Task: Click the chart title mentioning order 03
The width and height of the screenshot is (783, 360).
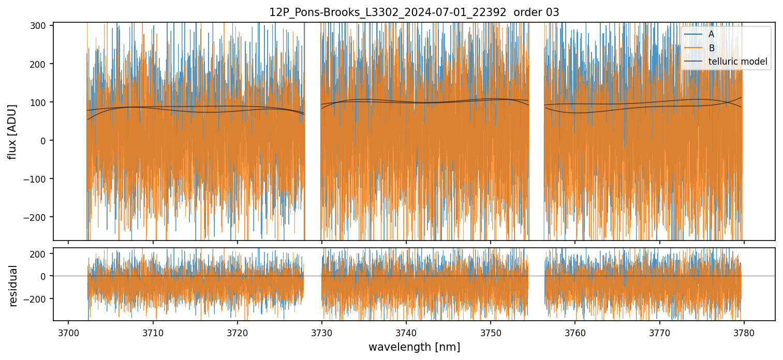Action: tap(414, 12)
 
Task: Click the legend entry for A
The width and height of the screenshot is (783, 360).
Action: tap(712, 35)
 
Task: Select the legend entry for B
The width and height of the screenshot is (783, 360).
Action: tap(712, 49)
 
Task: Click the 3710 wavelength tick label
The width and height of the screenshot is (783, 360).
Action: tap(153, 332)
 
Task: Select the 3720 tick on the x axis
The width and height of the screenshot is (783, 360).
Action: tap(237, 332)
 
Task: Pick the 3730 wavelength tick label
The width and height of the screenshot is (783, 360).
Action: tap(322, 332)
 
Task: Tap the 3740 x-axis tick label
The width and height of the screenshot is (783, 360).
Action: tap(406, 332)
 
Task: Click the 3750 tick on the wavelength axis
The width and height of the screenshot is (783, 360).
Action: tap(491, 332)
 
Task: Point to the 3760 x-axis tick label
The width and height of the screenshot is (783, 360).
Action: tap(575, 332)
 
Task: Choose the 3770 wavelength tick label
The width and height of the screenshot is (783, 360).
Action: tap(659, 332)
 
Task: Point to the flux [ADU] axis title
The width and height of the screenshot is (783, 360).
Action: tap(12, 131)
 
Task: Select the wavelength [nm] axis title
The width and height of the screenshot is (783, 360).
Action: tap(414, 347)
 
